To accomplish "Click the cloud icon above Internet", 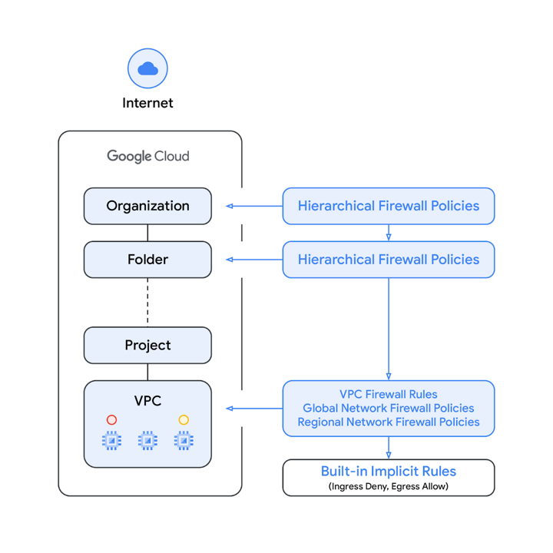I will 147,69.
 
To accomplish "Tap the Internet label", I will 147,103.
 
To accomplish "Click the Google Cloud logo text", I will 147,156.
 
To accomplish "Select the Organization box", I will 147,206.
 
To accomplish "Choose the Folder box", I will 147,260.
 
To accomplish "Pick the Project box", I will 147,346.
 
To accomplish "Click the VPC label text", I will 147,400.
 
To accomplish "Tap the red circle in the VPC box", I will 112,420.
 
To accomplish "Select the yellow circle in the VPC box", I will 184,420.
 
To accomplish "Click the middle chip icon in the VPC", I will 147,441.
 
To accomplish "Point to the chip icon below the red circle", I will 112,441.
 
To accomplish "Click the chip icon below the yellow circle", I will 184,441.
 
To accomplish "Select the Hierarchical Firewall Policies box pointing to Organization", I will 388,206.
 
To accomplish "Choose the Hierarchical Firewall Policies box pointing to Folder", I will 388,260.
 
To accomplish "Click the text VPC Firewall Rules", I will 388,395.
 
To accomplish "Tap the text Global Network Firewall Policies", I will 388,409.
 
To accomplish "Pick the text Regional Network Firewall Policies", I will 388,422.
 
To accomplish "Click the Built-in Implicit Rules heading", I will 388,472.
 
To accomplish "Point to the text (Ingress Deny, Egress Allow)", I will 388,486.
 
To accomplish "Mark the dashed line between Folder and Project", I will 147,303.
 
